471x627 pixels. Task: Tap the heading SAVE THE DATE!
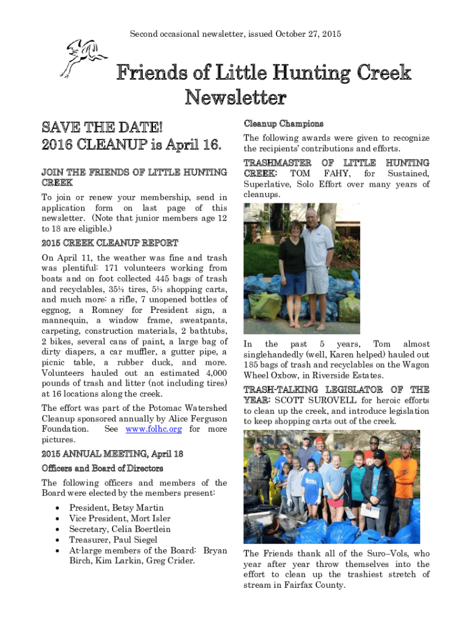(102, 129)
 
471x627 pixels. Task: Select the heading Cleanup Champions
(283, 124)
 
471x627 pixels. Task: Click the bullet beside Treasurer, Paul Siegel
(57, 540)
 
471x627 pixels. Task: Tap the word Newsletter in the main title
(236, 97)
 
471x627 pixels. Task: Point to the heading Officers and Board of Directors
(102, 468)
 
